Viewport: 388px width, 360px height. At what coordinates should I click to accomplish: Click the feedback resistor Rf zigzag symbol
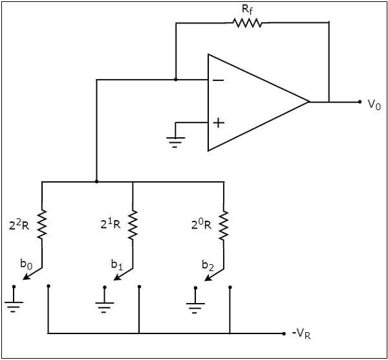coord(247,23)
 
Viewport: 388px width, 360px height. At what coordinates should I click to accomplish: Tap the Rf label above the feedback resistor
coord(247,8)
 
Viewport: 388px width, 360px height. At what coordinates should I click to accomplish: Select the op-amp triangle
coord(252,102)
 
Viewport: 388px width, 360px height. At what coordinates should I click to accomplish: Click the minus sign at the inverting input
coord(219,80)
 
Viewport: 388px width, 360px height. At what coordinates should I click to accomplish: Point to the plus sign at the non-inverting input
coord(219,122)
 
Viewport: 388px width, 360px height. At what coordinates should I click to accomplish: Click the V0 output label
coord(374,103)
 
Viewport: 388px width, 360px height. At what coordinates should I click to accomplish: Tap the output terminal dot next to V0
coord(360,102)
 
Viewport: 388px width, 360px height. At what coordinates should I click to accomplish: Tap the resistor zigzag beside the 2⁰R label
coord(224,225)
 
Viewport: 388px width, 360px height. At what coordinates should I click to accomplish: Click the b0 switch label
coord(26,263)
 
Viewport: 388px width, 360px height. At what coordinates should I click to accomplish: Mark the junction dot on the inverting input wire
coord(175,80)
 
